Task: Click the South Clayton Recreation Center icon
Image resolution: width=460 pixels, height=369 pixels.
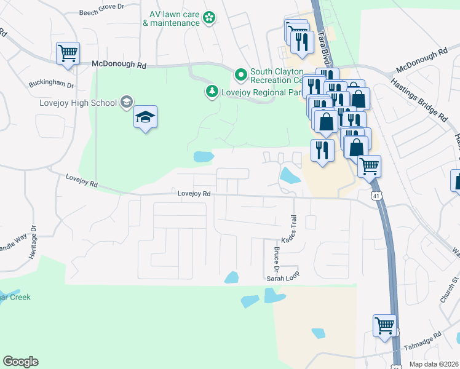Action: click(240, 76)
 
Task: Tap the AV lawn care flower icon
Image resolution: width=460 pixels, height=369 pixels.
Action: click(210, 18)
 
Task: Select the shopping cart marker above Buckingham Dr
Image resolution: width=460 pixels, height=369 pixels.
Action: click(68, 52)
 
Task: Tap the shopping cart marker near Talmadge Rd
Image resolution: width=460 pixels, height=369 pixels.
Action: click(384, 325)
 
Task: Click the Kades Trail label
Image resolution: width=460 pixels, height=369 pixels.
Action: click(294, 228)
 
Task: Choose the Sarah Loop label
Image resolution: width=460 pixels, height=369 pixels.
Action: click(282, 278)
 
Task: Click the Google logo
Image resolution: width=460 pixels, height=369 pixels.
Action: click(20, 362)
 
